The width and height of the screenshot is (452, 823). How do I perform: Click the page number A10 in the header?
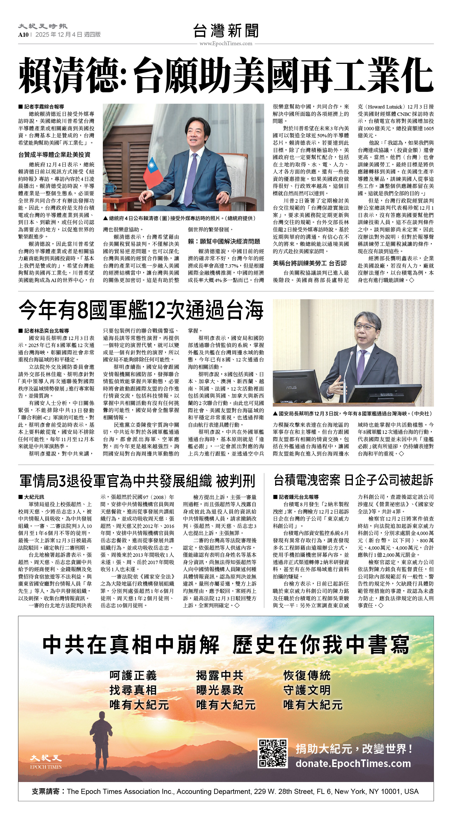coord(23,34)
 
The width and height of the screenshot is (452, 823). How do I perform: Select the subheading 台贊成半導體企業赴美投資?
coord(54,155)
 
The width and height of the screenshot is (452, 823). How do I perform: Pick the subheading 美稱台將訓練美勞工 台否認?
coord(310,263)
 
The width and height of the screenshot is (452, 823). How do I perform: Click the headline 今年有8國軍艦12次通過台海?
coord(141,310)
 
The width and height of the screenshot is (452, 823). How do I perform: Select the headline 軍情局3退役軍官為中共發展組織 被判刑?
coord(137,480)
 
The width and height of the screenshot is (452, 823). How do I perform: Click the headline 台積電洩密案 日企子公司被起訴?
coord(353,480)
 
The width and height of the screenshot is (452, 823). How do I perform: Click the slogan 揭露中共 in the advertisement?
coord(220,675)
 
